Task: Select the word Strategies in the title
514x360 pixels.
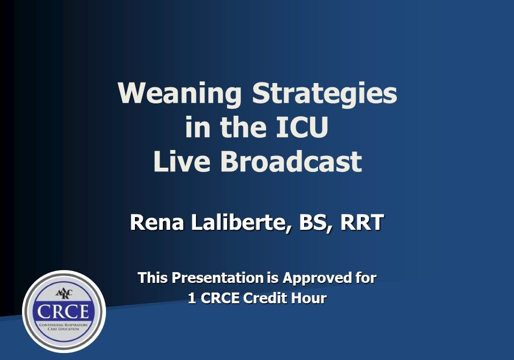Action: pyautogui.click(x=324, y=94)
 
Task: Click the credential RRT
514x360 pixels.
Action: pyautogui.click(x=360, y=223)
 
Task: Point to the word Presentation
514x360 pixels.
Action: pyautogui.click(x=217, y=278)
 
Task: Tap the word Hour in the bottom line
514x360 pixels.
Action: pyautogui.click(x=308, y=298)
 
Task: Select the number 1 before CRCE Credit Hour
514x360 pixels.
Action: pyautogui.click(x=192, y=298)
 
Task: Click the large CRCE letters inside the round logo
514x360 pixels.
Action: pyautogui.click(x=64, y=312)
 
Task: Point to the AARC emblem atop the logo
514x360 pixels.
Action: pyautogui.click(x=64, y=294)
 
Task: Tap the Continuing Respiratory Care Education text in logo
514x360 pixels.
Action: pyautogui.click(x=64, y=326)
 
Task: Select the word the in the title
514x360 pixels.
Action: pyautogui.click(x=239, y=129)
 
